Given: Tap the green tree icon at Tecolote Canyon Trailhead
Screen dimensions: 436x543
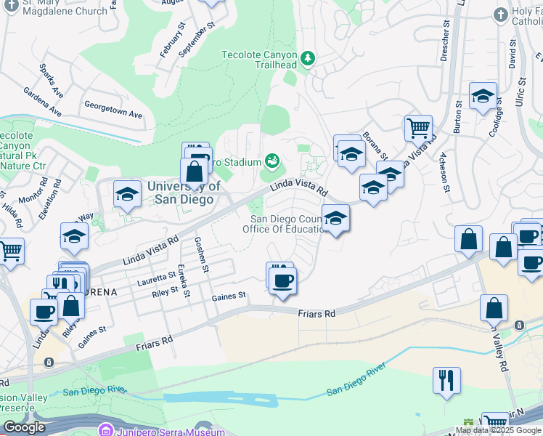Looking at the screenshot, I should click(x=308, y=57).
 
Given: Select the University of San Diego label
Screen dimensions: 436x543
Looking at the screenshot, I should click(x=184, y=192).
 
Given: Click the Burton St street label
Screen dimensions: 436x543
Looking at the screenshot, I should click(x=457, y=119).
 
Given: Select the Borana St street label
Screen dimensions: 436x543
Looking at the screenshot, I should click(x=375, y=145).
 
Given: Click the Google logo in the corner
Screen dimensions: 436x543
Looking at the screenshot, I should click(x=25, y=427).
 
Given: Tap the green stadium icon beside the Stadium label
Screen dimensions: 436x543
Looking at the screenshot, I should click(x=272, y=160).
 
